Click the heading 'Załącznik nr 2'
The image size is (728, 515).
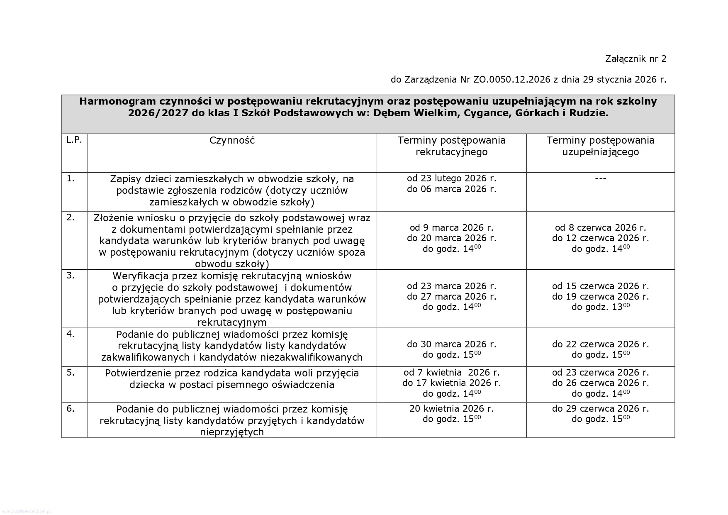tap(635, 59)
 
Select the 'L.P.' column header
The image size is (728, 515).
tap(74, 140)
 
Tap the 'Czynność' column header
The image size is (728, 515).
tap(232, 140)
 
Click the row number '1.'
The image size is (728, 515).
tap(71, 179)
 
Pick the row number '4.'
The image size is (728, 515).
tap(71, 334)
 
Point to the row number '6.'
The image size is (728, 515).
tap(71, 409)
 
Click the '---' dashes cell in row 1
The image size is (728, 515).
tap(600, 178)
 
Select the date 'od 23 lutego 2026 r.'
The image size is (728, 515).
tap(451, 178)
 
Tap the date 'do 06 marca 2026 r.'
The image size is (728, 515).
tap(451, 189)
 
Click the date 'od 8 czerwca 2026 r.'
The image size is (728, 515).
tap(600, 228)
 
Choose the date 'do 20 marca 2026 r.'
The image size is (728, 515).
tap(451, 238)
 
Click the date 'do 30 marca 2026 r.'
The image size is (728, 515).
tap(451, 344)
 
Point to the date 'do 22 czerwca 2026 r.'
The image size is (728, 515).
tap(600, 344)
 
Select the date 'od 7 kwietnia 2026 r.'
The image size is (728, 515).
tap(451, 373)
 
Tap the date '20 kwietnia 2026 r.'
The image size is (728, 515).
tap(451, 409)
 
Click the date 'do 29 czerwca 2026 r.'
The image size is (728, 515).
tap(600, 409)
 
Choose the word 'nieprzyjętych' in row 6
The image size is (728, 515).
tap(232, 432)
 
